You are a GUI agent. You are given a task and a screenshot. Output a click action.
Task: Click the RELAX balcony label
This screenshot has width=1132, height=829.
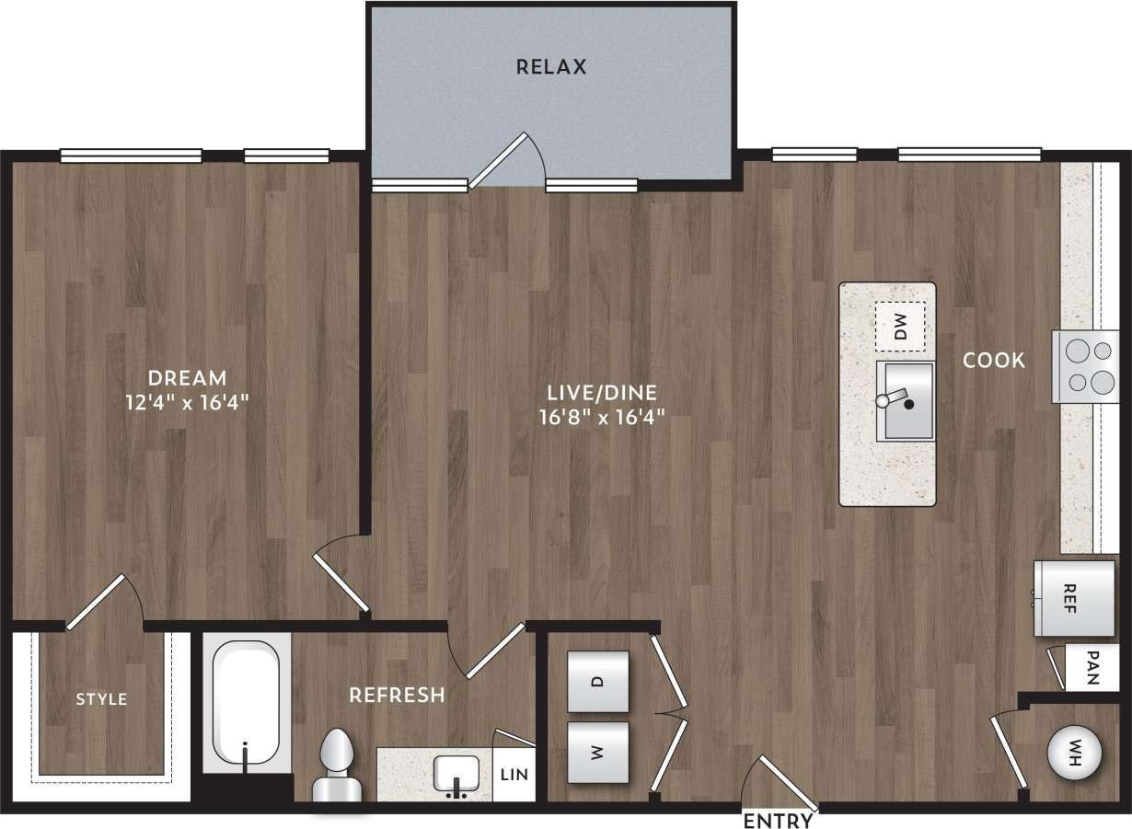550,67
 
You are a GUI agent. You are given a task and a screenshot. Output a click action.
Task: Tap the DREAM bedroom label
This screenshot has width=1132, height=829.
188,377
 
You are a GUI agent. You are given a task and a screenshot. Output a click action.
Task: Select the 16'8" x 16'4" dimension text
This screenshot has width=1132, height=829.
602,416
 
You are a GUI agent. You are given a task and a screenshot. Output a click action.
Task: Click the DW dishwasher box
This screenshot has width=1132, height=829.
900,327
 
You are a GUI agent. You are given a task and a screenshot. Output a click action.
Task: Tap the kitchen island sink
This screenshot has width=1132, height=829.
905,401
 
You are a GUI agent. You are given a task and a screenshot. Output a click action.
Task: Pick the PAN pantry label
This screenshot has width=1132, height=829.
1092,669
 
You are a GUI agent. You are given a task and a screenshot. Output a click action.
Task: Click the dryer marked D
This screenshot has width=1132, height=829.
598,682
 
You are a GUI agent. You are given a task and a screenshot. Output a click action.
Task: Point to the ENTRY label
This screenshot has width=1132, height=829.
778,820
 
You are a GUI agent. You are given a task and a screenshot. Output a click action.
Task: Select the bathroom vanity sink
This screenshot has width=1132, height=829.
457,775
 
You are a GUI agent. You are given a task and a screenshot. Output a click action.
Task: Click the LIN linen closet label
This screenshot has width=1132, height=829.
514,775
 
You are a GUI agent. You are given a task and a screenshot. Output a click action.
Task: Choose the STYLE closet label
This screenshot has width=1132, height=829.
101,699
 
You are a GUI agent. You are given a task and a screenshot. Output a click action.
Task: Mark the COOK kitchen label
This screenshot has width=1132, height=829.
994,361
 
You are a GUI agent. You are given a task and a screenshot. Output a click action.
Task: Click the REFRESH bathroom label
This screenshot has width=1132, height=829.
397,695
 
